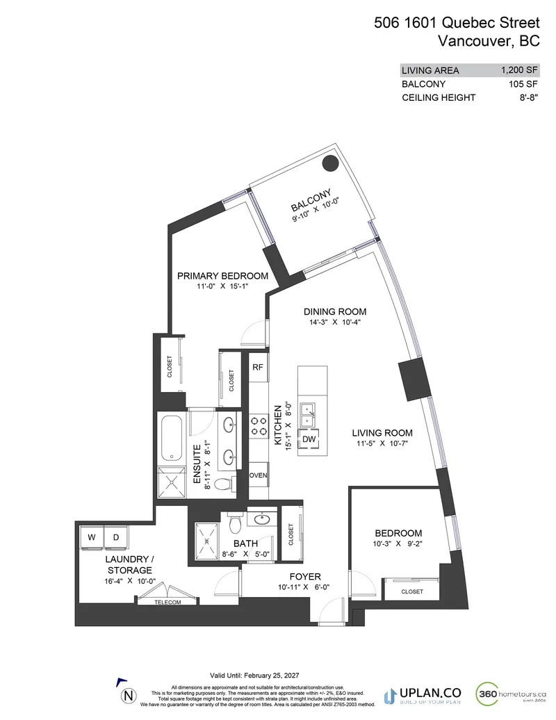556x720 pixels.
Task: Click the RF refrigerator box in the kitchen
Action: (x=257, y=367)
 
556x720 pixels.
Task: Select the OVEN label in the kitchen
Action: (x=258, y=475)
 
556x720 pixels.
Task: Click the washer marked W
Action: (x=91, y=537)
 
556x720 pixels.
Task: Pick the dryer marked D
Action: (x=115, y=537)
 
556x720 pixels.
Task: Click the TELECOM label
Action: (x=167, y=602)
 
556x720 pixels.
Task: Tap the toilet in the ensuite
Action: (x=221, y=483)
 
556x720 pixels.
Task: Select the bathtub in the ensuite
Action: (x=170, y=438)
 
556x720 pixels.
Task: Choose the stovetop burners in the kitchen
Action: (x=259, y=426)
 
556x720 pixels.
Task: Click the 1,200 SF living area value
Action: (x=519, y=70)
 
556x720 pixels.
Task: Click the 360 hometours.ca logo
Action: (x=512, y=694)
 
